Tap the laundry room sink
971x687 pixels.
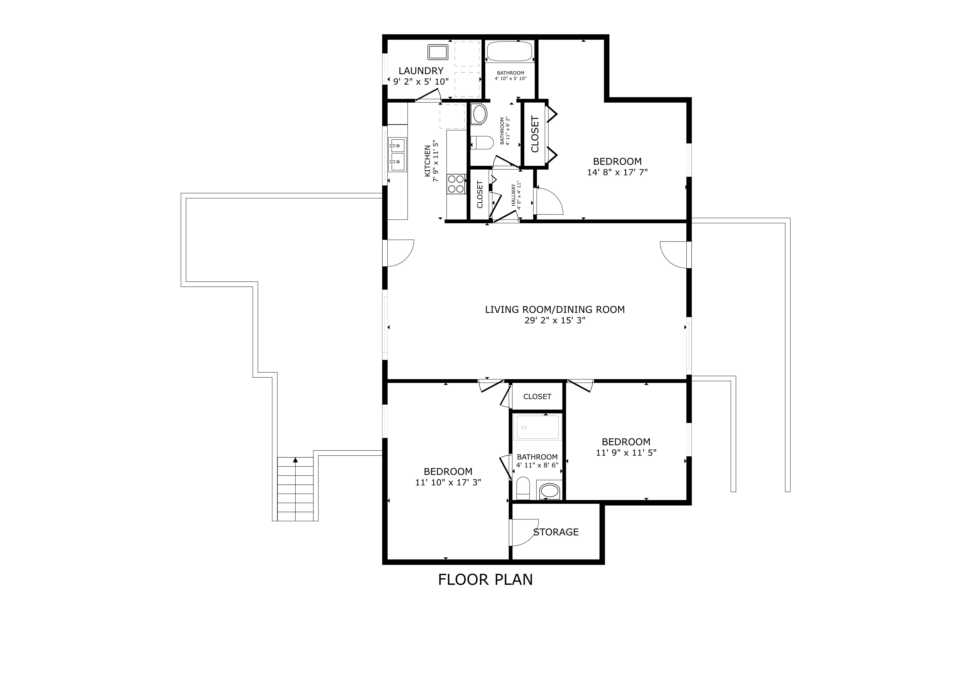click(x=438, y=52)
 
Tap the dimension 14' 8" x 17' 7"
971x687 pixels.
click(x=617, y=172)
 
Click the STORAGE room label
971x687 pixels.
click(x=556, y=532)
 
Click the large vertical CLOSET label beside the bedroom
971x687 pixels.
click(x=535, y=134)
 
